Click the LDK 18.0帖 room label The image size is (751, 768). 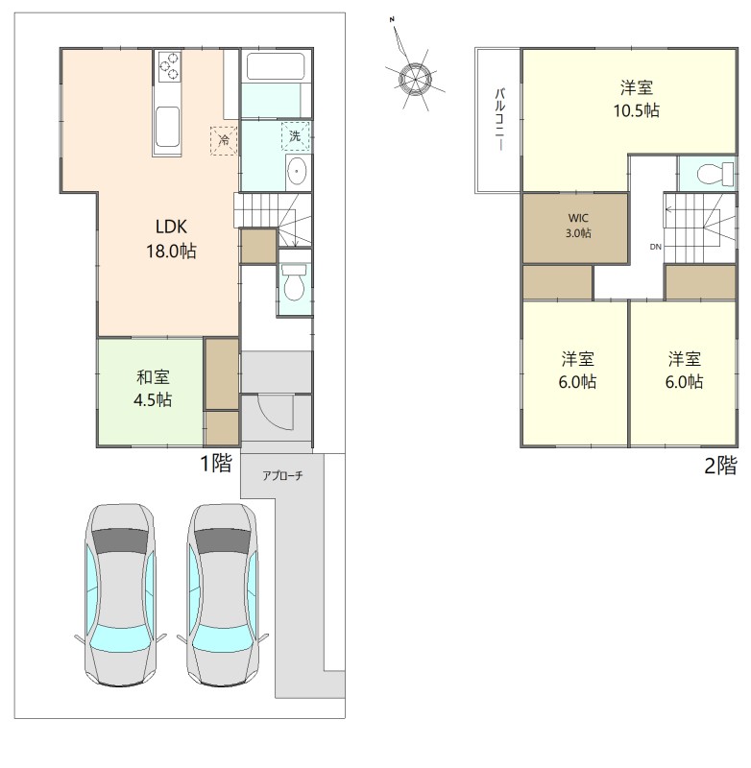171,239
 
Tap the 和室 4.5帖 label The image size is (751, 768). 153,389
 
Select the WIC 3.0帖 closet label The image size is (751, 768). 578,226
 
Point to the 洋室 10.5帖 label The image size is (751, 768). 637,100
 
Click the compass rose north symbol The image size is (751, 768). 415,79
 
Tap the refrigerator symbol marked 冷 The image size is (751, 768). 224,140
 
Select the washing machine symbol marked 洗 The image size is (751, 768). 296,135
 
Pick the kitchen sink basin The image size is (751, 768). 167,126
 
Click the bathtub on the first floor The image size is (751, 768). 276,66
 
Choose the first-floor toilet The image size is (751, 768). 294,283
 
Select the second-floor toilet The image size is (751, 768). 715,174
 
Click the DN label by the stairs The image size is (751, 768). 656,247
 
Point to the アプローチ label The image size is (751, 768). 282,475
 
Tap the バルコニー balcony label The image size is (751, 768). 500,119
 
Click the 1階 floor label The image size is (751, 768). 215,463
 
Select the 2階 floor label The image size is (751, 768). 720,466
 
